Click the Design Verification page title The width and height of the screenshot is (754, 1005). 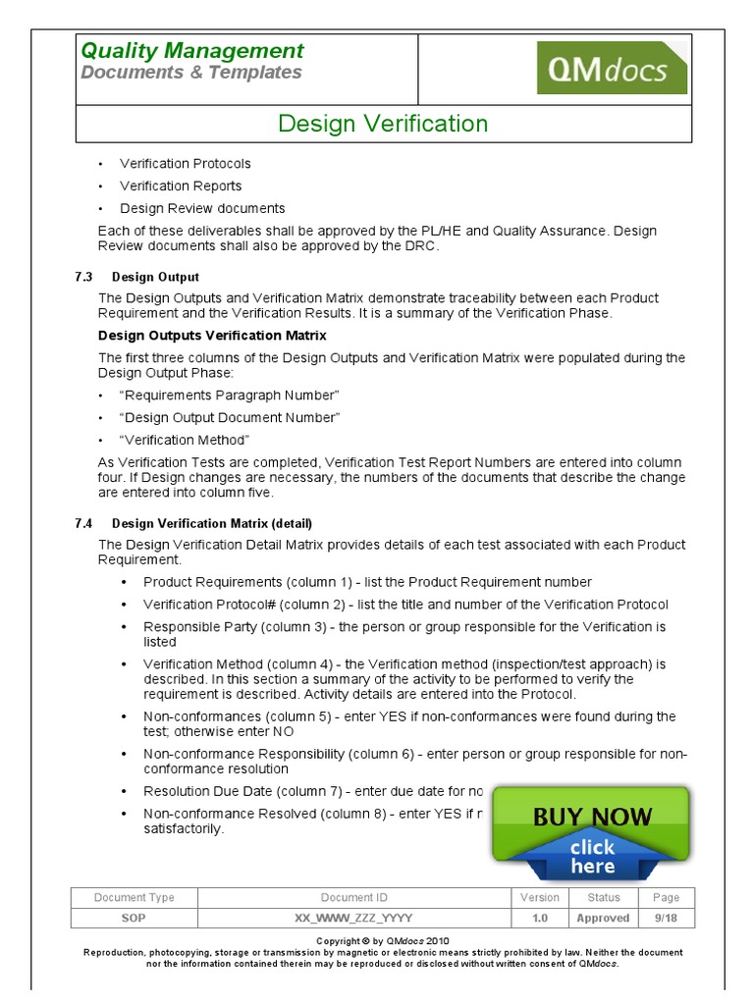coord(383,124)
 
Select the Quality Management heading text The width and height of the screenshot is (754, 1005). coord(191,51)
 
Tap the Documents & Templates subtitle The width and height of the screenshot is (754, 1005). coord(191,74)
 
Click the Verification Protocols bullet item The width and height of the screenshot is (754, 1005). coord(185,164)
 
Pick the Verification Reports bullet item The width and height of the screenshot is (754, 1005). coord(181,186)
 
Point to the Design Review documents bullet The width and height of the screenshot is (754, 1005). coord(202,209)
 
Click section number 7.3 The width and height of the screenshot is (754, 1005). coord(83,278)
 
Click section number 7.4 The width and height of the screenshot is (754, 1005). coord(83,523)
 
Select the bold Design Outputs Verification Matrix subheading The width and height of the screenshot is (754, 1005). coord(213,336)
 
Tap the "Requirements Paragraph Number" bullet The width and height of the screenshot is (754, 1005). coord(229,395)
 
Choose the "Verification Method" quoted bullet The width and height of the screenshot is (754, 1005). coord(185,440)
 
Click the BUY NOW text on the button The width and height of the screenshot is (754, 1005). coord(592,817)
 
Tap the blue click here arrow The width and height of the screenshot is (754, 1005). coord(592,857)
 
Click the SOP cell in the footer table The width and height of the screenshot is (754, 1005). coord(134,918)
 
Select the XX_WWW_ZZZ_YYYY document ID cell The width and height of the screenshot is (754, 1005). coord(353,918)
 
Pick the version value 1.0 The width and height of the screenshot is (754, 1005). coord(539,918)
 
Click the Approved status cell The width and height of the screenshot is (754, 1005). coord(603,918)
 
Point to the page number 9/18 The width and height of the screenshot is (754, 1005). coord(666,918)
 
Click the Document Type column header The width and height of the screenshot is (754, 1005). coord(134,897)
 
